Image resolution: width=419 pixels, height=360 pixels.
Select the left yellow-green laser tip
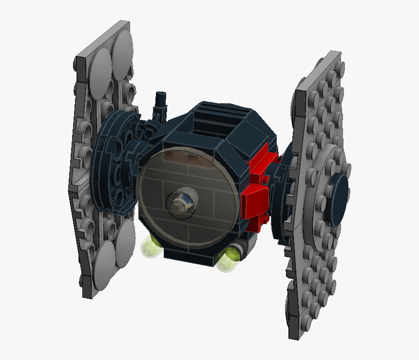pyautogui.click(x=150, y=246)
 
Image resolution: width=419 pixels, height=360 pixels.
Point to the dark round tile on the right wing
pyautogui.click(x=339, y=189)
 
